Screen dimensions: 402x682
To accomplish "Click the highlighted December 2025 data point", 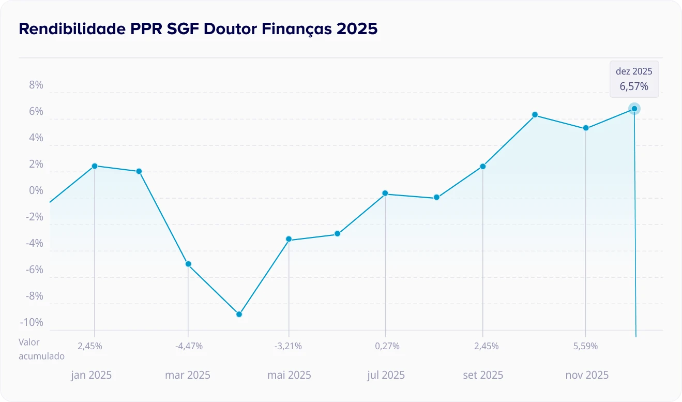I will click(x=634, y=109).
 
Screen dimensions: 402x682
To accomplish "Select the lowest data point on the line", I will click(x=239, y=314).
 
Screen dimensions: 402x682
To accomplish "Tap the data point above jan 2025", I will click(x=95, y=166).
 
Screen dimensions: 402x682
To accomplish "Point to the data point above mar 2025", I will click(x=188, y=264).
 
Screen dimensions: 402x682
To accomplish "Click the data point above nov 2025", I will click(x=586, y=128).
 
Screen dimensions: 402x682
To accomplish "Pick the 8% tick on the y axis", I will click(x=36, y=85).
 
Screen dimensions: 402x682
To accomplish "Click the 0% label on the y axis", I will click(x=36, y=191).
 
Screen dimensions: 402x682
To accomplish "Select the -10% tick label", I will click(x=32, y=323).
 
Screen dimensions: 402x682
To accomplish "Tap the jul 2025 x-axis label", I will click(x=386, y=375).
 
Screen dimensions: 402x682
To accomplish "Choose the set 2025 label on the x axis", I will click(x=483, y=375).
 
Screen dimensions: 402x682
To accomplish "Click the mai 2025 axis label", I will click(x=289, y=375).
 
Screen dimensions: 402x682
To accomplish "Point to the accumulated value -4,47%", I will click(x=188, y=346).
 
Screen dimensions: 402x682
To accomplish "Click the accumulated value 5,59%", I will click(x=586, y=346).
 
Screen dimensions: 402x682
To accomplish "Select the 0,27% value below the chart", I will click(x=387, y=346).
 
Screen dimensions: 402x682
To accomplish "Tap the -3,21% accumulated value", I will click(x=289, y=346).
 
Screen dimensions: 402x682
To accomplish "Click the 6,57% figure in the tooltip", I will click(x=634, y=86).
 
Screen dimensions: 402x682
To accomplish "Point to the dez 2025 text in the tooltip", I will click(x=634, y=71).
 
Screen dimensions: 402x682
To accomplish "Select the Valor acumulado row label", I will click(x=41, y=349).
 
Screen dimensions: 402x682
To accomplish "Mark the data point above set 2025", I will click(x=482, y=166).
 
